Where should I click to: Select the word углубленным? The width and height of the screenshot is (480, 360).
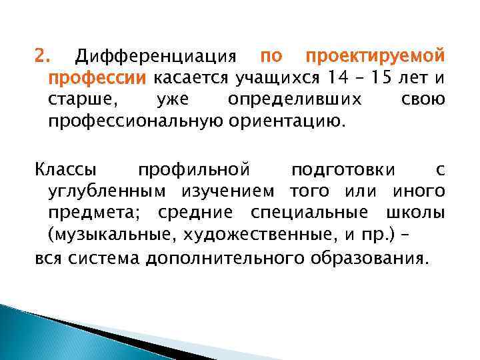point(110,192)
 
